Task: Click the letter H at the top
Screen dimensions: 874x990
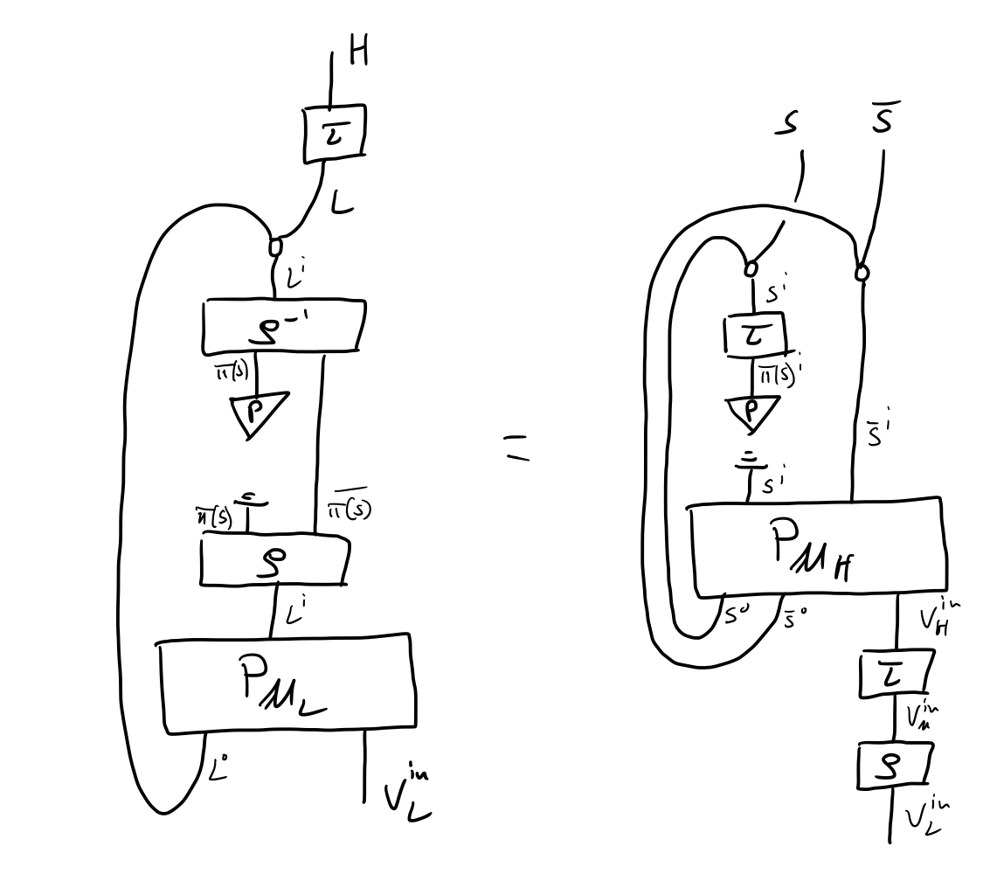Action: [x=357, y=52]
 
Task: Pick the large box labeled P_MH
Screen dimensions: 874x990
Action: [x=818, y=549]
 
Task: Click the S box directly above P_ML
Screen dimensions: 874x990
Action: [x=274, y=560]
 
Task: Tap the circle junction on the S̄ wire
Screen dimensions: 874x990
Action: [x=862, y=273]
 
